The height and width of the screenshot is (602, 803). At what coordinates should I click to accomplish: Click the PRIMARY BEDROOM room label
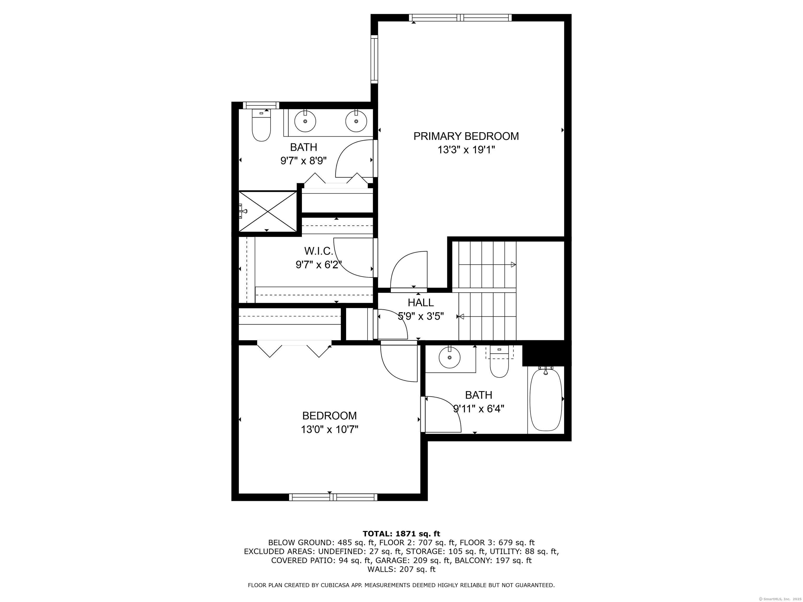[x=466, y=136]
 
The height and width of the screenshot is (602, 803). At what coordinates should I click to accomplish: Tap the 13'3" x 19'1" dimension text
[x=466, y=150]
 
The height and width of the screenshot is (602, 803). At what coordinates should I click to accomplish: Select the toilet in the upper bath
[x=261, y=125]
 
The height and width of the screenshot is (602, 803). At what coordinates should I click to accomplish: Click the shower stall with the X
[x=268, y=211]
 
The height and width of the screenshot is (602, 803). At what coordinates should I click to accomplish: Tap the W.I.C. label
[x=318, y=251]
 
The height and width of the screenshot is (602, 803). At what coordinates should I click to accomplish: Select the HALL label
[x=420, y=302]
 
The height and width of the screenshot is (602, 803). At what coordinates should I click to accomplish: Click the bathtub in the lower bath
[x=546, y=399]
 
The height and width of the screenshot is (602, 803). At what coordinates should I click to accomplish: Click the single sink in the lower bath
[x=450, y=357]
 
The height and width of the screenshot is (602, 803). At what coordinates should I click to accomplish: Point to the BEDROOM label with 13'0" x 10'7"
[x=330, y=415]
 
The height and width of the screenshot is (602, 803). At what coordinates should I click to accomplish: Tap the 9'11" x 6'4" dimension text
[x=479, y=409]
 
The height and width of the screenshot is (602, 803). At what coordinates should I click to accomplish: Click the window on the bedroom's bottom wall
[x=333, y=497]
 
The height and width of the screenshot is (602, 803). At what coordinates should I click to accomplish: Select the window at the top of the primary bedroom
[x=460, y=18]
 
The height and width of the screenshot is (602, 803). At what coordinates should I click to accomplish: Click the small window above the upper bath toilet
[x=261, y=105]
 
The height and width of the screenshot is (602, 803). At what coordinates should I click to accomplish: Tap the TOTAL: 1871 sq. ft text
[x=401, y=534]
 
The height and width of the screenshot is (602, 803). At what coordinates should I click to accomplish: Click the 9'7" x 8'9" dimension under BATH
[x=304, y=161]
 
